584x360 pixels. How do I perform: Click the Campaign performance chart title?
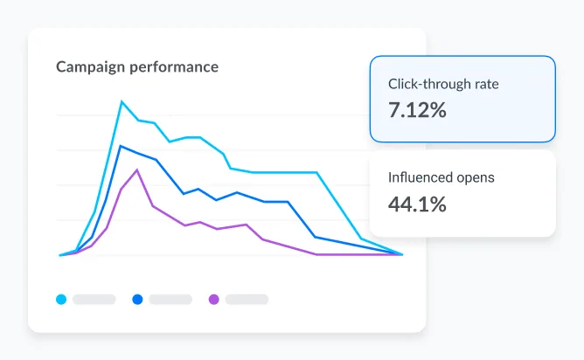point(137,66)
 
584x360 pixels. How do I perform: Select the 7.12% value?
point(417,111)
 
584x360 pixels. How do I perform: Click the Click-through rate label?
point(443,86)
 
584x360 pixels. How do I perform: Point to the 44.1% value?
point(417,204)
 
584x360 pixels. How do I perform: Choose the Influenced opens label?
point(441,177)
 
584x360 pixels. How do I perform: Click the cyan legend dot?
point(61,300)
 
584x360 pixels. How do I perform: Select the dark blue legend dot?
point(137,300)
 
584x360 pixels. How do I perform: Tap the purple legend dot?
point(214,300)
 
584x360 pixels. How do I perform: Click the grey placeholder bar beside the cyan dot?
point(94,300)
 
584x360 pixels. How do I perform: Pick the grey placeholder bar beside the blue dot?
point(170,300)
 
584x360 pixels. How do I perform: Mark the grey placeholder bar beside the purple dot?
point(247,300)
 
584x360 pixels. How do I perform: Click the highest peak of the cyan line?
point(122,101)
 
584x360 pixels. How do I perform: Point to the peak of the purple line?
point(137,170)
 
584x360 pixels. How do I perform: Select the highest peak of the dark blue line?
point(121,146)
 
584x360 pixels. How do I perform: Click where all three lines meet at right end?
point(402,254)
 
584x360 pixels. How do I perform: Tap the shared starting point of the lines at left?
point(60,255)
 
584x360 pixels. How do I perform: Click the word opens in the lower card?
point(476,178)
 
